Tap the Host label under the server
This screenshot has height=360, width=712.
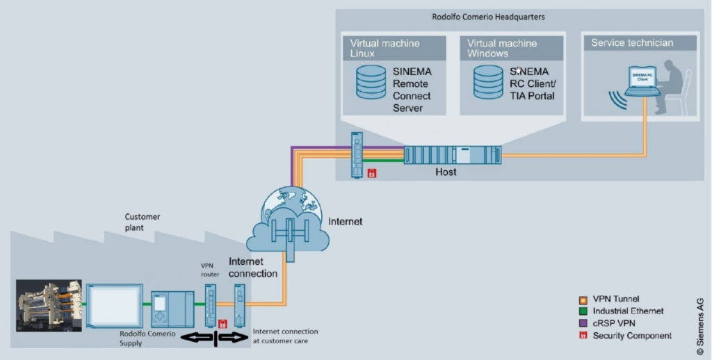click(x=446, y=171)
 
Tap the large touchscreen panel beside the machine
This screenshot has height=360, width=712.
click(x=115, y=306)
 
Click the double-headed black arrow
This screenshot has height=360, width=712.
click(x=215, y=338)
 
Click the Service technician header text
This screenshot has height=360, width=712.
click(x=632, y=43)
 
